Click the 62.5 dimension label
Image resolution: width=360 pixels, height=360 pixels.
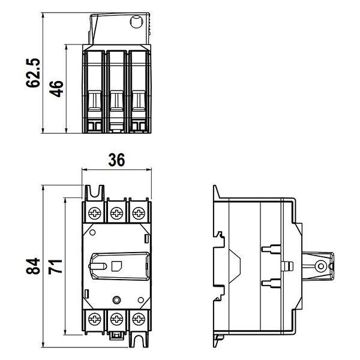click(33, 73)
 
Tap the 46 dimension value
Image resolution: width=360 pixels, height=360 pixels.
click(56, 89)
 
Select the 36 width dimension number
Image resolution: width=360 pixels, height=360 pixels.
click(116, 160)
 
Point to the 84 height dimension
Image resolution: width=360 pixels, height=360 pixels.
click(33, 266)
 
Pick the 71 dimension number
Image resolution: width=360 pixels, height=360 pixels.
click(55, 266)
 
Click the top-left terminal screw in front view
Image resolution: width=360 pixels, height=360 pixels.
click(95, 213)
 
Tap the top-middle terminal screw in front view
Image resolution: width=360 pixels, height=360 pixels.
click(116, 213)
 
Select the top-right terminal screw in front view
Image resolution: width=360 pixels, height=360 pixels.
click(139, 213)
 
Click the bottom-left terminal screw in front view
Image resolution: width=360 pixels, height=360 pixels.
click(95, 319)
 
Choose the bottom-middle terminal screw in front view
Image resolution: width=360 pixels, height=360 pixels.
click(116, 319)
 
